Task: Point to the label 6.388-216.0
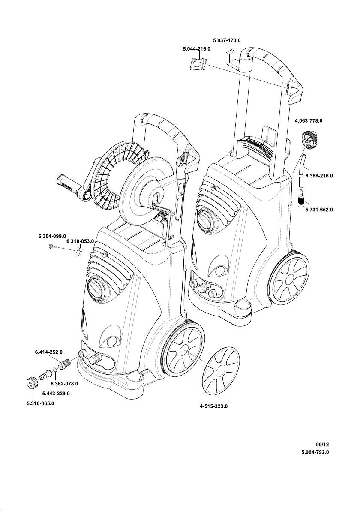(x=319, y=176)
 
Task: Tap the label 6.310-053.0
(x=80, y=242)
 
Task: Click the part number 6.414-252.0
(x=48, y=352)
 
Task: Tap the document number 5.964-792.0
(x=316, y=452)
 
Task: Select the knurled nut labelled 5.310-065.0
(x=32, y=382)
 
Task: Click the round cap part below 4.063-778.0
(x=309, y=139)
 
